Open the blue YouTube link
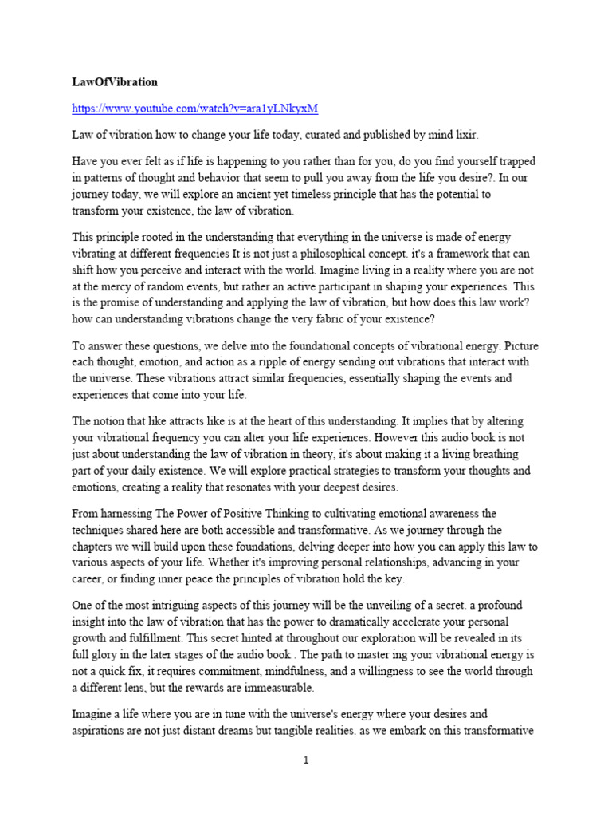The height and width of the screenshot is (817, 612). coord(189,108)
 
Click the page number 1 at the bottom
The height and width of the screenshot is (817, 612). coord(306,760)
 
